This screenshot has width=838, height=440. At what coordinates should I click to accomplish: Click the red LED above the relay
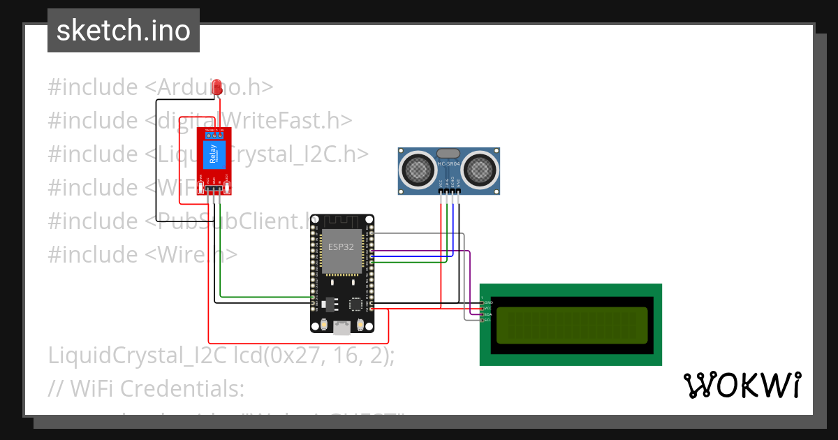click(217, 87)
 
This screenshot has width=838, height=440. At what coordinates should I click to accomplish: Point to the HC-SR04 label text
click(448, 164)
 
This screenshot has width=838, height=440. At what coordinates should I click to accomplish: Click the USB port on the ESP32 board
click(342, 327)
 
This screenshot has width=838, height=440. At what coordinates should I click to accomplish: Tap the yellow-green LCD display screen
click(571, 325)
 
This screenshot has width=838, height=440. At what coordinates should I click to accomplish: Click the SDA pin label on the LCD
click(488, 314)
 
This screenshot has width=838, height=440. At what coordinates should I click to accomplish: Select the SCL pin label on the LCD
click(488, 320)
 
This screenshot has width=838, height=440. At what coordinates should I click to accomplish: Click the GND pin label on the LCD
click(488, 302)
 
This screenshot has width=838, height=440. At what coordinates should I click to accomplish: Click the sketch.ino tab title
click(124, 31)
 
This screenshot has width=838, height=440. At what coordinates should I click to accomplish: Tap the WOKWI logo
click(742, 385)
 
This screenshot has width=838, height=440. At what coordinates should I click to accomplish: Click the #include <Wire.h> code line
click(142, 254)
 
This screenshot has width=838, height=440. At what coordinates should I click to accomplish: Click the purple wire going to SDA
click(469, 279)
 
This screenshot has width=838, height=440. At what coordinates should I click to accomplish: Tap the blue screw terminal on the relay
click(214, 135)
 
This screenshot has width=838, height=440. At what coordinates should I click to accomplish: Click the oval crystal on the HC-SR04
click(448, 153)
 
